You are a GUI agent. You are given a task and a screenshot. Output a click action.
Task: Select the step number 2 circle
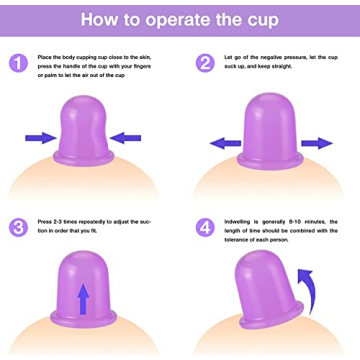[205, 64]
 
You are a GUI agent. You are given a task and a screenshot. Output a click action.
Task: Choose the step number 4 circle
[205, 227]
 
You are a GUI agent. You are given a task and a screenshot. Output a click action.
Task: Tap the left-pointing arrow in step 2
[224, 142]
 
